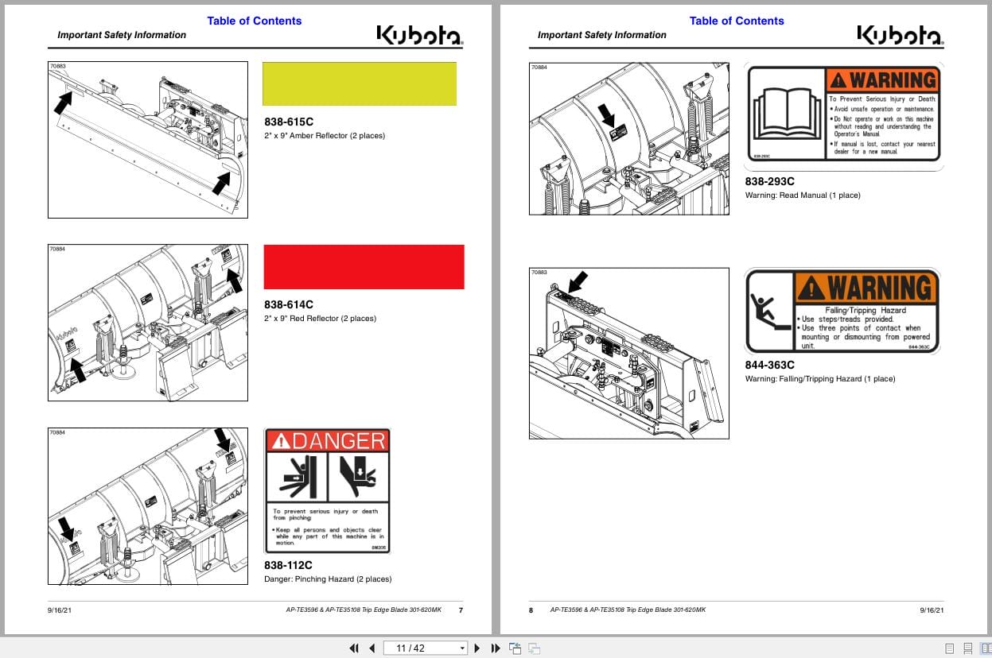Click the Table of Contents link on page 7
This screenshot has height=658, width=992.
[x=254, y=21]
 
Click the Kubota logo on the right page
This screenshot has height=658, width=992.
[x=899, y=35]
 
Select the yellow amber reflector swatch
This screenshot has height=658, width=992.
[x=360, y=84]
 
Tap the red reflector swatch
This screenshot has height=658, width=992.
[x=364, y=267]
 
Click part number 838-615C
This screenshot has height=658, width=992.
[x=289, y=122]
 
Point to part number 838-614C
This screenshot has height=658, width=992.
[x=289, y=304]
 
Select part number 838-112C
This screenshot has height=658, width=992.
[x=288, y=565]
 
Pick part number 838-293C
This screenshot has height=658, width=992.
[x=769, y=181]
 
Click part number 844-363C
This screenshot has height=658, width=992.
[x=769, y=365]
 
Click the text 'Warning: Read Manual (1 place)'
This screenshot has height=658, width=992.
[x=803, y=195]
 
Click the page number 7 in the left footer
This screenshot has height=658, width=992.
[x=461, y=610]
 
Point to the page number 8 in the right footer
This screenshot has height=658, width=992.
[x=531, y=610]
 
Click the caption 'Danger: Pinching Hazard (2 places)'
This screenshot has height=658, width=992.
[x=328, y=579]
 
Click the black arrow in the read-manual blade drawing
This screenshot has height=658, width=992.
[x=607, y=118]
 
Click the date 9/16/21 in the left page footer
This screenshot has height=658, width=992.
[x=60, y=610]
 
